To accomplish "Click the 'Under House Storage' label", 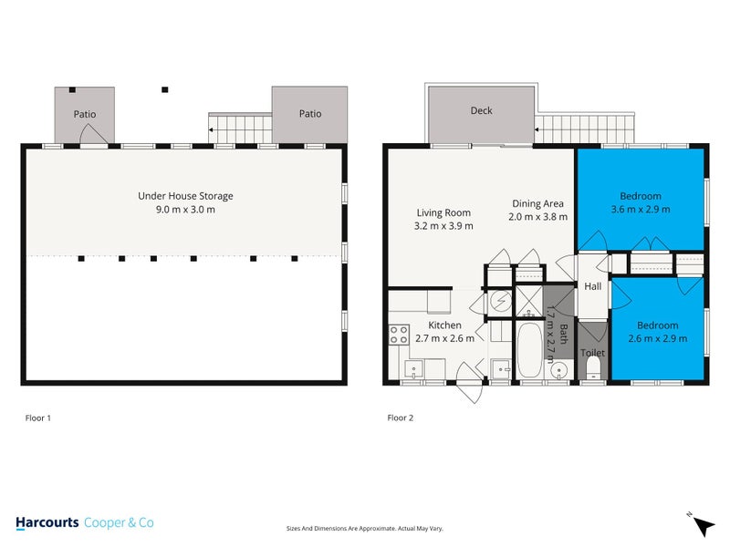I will click(x=185, y=196).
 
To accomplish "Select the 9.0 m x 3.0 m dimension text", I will click(x=185, y=210).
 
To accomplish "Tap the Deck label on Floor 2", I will click(x=481, y=111).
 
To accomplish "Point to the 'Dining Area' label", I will click(x=537, y=203).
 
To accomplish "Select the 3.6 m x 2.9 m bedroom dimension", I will click(x=640, y=210).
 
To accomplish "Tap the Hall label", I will click(x=593, y=286).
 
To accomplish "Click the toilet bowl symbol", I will click(x=592, y=366).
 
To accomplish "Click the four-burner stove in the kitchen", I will click(x=399, y=335).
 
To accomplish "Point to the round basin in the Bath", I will click(x=560, y=369).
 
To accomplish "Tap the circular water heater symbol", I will click(x=499, y=302).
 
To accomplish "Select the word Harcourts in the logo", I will click(x=47, y=522).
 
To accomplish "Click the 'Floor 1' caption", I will click(x=37, y=418).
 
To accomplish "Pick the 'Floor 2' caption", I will click(x=401, y=418).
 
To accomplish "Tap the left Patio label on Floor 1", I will click(x=85, y=115).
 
